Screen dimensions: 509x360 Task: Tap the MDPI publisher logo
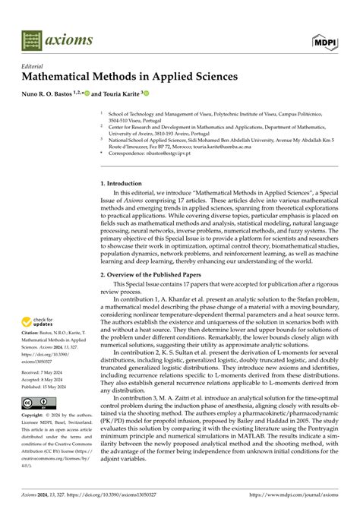(x=327, y=40)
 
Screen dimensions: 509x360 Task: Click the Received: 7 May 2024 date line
(x=43, y=371)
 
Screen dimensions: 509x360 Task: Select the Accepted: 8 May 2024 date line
(x=43, y=379)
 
